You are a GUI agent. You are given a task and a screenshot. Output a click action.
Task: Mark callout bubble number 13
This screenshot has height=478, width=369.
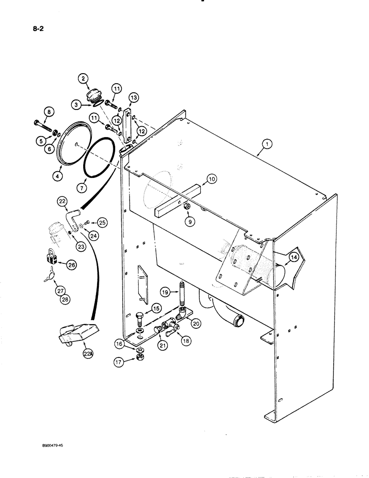coord(133,98)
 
